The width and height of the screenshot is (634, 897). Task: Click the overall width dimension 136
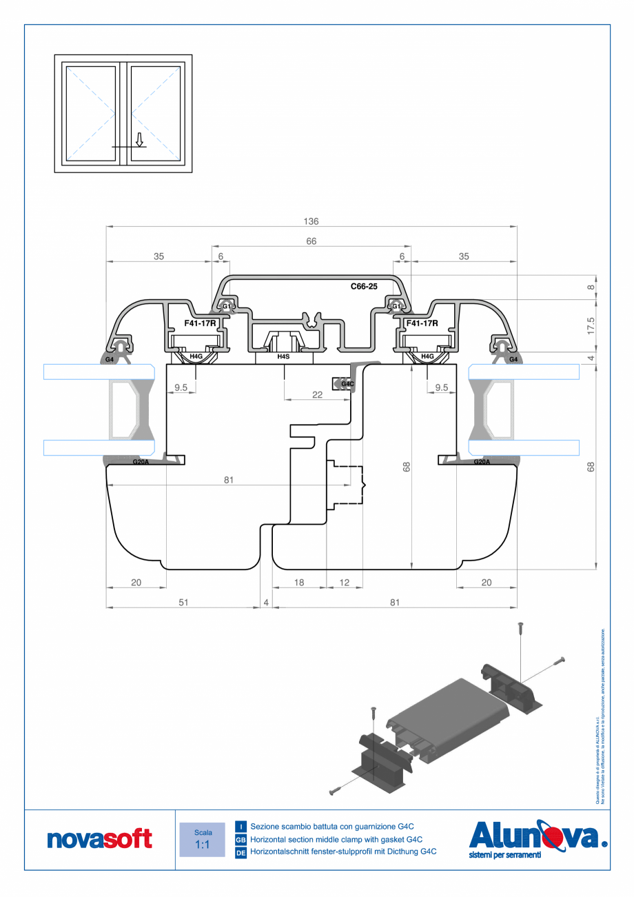(x=311, y=221)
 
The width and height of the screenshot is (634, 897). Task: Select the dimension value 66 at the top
(x=311, y=241)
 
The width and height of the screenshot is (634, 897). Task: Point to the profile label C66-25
(x=364, y=285)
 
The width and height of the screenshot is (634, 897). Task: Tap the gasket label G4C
(x=347, y=383)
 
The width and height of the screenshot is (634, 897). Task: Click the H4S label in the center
(x=283, y=356)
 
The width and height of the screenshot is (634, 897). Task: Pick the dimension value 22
(x=317, y=394)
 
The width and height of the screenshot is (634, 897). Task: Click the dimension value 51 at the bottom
(x=183, y=602)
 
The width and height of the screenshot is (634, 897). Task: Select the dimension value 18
(x=299, y=583)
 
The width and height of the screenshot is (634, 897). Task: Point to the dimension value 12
(x=345, y=583)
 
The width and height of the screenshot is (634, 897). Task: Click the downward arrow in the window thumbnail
(x=139, y=140)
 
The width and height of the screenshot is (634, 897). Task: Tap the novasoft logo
(x=99, y=839)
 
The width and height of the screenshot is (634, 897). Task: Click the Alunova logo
(x=538, y=838)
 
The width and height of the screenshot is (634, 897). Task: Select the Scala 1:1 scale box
(x=202, y=839)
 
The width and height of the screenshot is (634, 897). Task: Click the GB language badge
(x=241, y=839)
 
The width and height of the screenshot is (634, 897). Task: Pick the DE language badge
(x=241, y=852)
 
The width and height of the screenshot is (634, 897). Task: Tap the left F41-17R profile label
(x=201, y=323)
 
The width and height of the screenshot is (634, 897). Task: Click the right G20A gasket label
(x=482, y=462)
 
